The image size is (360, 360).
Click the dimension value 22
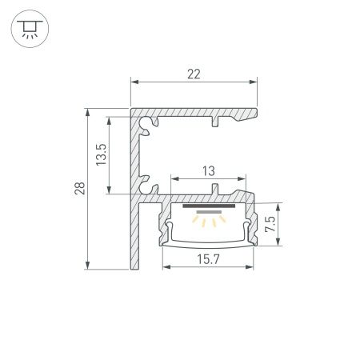point(194,74)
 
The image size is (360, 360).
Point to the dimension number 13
point(208,170)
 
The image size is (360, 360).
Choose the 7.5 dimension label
point(271,221)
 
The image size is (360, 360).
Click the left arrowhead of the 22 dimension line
point(134,82)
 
